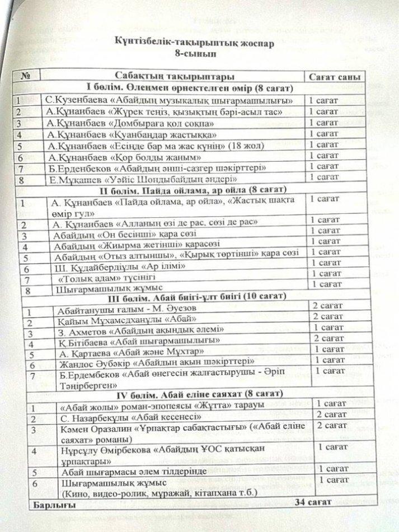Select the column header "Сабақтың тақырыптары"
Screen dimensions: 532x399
pos(175,77)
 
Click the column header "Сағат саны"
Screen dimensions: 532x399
pos(334,77)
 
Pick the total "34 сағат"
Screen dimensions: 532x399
pos(314,502)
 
